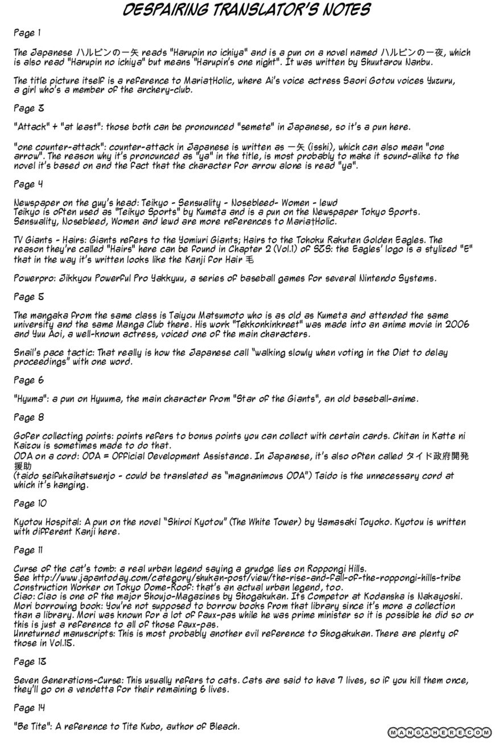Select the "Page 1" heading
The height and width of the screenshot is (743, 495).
pos(27,34)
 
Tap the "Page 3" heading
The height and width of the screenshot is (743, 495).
pos(28,108)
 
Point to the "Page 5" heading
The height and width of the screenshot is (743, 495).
pos(28,297)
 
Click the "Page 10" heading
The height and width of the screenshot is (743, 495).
pos(30,503)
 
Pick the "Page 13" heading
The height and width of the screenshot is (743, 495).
pos(30,662)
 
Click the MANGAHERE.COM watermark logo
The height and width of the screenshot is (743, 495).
pos(439,732)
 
